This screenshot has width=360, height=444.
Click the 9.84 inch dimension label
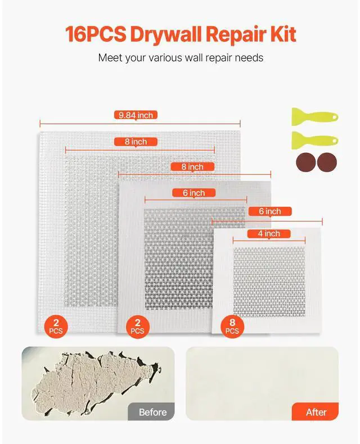click(x=136, y=115)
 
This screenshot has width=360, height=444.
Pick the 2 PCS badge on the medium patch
click(x=138, y=325)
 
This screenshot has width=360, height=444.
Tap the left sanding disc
click(x=305, y=163)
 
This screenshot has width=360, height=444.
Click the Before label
click(x=152, y=412)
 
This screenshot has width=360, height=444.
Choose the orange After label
click(x=316, y=412)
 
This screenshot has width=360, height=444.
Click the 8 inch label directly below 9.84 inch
click(x=136, y=142)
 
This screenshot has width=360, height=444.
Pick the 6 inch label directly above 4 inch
click(x=269, y=211)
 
